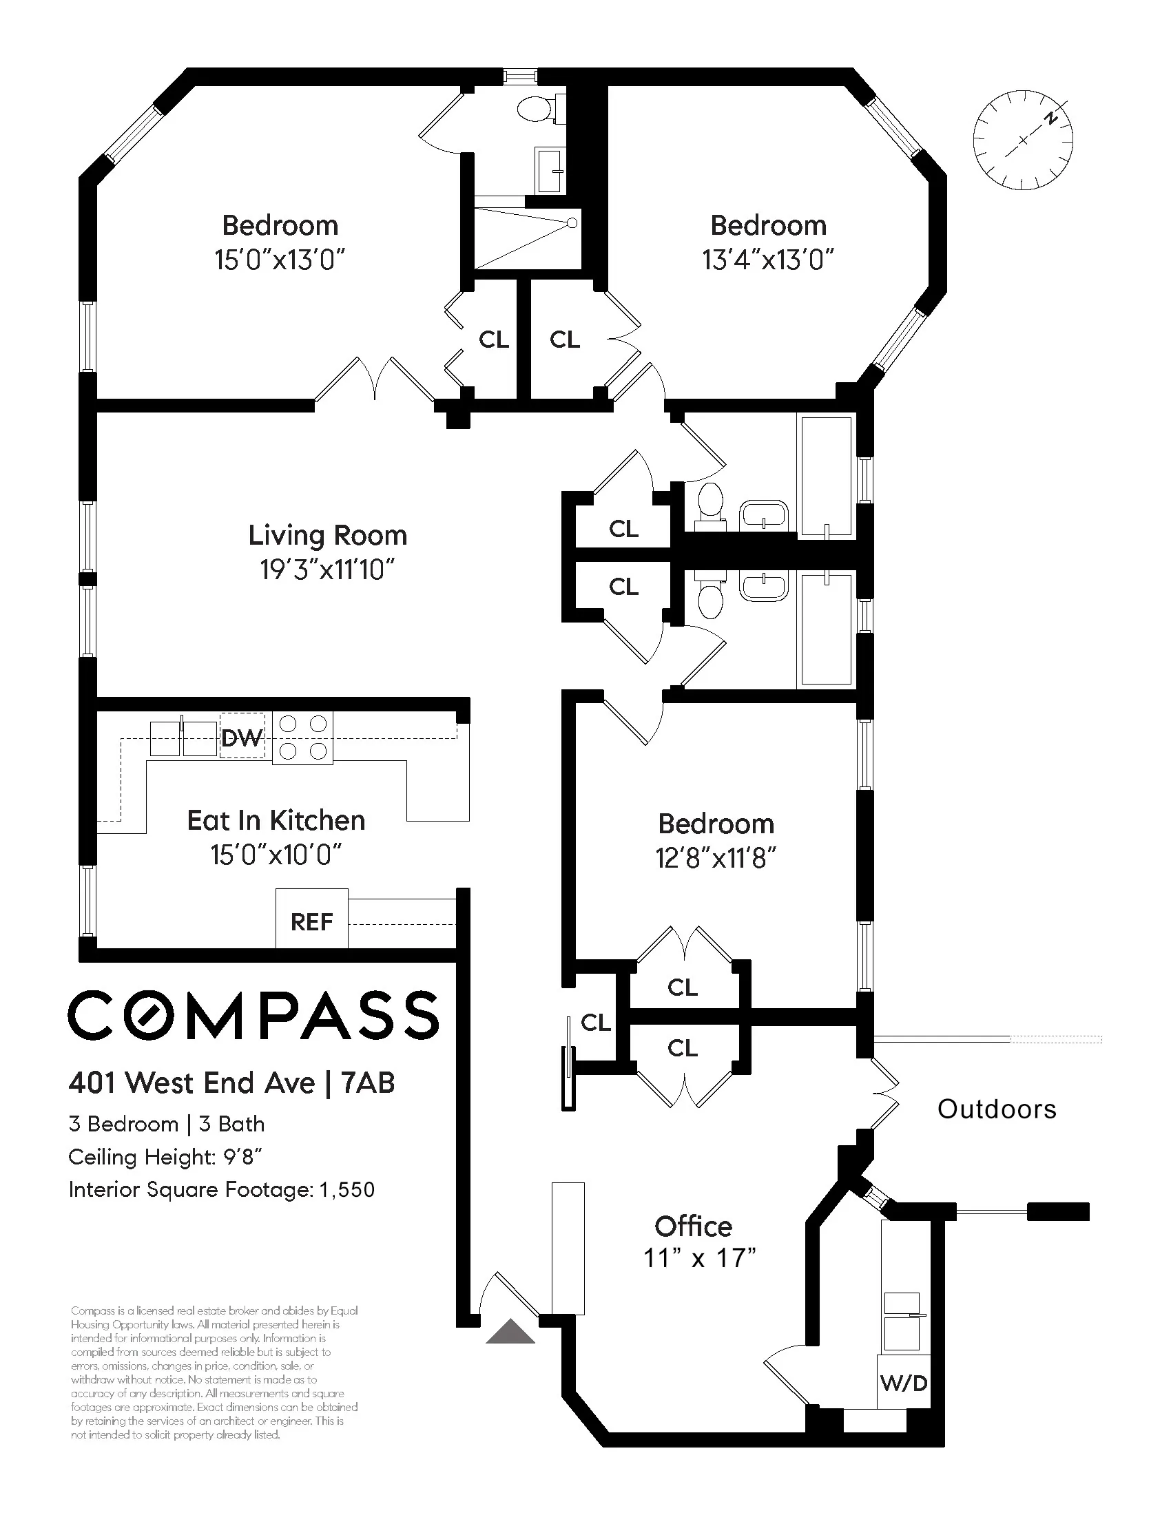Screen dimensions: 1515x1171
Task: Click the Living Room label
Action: (x=327, y=536)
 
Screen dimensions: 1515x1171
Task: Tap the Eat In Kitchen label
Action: (x=276, y=821)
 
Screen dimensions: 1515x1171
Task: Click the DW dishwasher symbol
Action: (x=242, y=736)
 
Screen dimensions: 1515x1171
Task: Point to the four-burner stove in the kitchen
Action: (x=302, y=737)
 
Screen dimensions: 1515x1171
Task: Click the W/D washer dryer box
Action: (x=903, y=1397)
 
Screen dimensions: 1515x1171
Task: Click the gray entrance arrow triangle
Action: (x=510, y=1332)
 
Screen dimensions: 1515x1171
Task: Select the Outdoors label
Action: (x=997, y=1109)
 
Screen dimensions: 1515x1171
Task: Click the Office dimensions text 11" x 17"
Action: (x=698, y=1257)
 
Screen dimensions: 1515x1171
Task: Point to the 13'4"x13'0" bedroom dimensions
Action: (x=767, y=260)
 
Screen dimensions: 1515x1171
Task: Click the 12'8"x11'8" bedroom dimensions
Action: (x=715, y=859)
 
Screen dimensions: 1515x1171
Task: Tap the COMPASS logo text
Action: (x=253, y=1015)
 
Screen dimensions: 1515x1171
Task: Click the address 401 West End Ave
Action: (x=191, y=1083)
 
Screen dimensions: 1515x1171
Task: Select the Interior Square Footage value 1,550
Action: (x=347, y=1191)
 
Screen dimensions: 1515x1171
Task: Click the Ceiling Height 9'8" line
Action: (x=165, y=1157)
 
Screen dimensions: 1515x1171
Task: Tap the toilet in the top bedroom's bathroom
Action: (x=537, y=109)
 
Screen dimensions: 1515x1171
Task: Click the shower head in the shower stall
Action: (x=572, y=223)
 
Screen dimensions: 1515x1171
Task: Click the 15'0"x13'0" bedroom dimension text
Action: (x=280, y=260)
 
